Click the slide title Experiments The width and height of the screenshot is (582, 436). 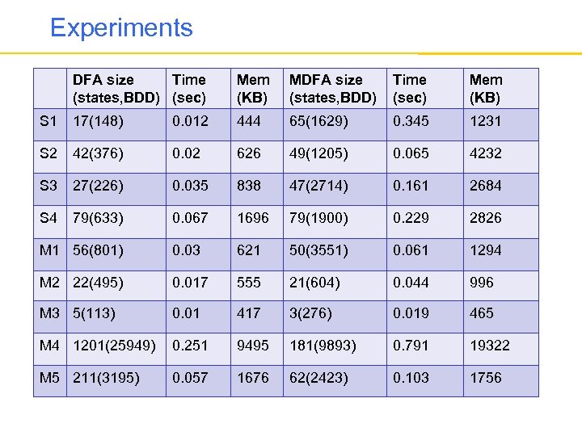[121, 28]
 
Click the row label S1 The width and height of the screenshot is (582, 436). [48, 121]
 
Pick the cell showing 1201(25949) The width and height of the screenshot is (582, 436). [115, 346]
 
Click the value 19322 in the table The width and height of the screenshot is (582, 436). [490, 346]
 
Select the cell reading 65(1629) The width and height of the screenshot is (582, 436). [319, 121]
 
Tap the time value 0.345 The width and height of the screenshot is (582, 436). [411, 121]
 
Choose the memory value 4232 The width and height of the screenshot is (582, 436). [486, 153]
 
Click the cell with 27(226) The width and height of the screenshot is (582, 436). [98, 186]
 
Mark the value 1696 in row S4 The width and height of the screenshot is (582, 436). [252, 218]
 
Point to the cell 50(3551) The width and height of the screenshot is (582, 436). [319, 250]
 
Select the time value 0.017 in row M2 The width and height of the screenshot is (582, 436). [190, 283]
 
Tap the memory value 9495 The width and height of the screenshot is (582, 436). [252, 346]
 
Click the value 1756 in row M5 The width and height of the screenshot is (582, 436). [486, 378]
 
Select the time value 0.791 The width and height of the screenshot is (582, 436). [411, 346]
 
